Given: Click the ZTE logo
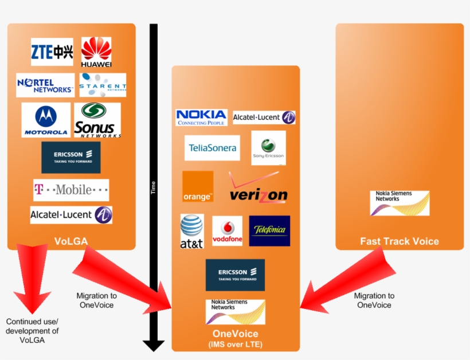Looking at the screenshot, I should [x=52, y=52].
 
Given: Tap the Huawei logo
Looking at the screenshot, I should [x=96, y=52].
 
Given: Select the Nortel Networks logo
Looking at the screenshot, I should [x=45, y=85].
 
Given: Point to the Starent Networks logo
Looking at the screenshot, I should [x=103, y=85].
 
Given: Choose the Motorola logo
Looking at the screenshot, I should [x=46, y=120].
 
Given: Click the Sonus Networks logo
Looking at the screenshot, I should [x=97, y=120].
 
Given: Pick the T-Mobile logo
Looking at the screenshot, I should [x=71, y=190].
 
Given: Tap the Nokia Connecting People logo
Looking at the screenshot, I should [x=201, y=118].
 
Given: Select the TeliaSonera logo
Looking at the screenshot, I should [x=212, y=148].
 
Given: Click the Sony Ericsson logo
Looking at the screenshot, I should [x=268, y=148].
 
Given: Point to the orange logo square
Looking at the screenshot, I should [x=198, y=186].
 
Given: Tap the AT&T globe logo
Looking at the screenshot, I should [x=192, y=231].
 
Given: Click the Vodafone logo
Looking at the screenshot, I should [x=228, y=231].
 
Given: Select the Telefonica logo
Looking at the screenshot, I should [x=269, y=231].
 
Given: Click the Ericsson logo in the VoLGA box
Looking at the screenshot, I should [x=71, y=158].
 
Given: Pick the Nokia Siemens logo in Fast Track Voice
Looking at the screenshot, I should [x=399, y=203].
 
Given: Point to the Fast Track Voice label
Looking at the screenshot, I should [x=399, y=241].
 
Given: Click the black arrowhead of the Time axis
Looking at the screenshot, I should [x=154, y=345].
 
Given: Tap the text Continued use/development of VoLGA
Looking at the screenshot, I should [x=33, y=331].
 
